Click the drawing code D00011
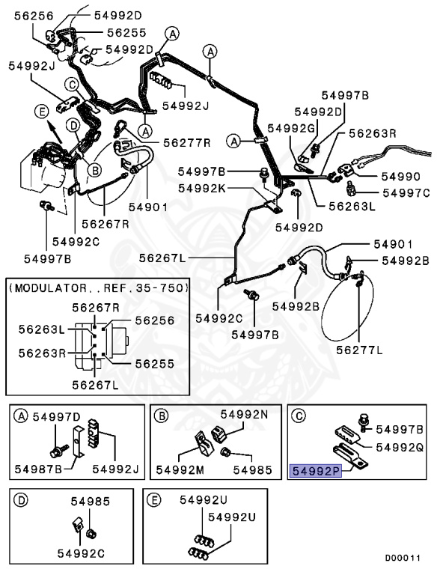(403, 558)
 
